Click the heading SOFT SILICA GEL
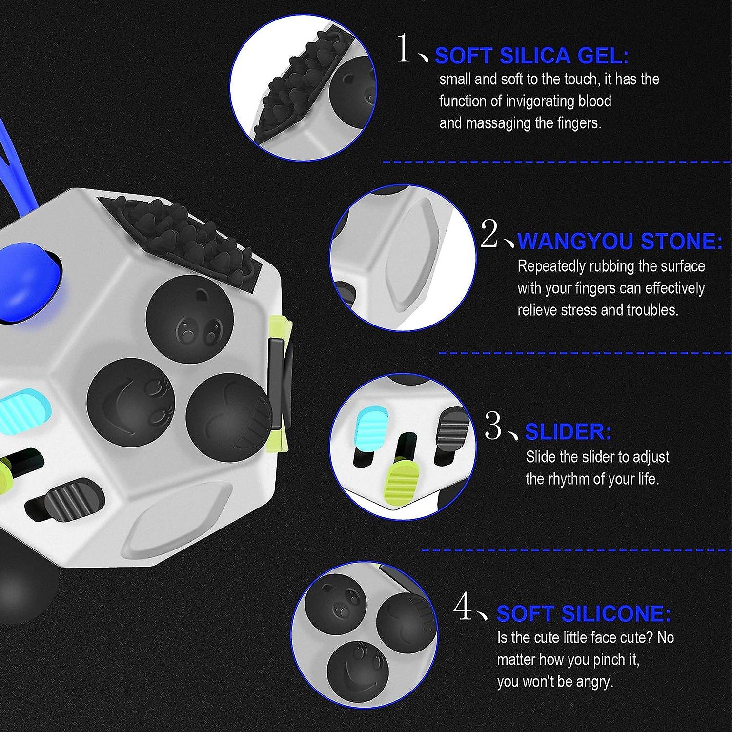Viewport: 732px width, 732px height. (531, 56)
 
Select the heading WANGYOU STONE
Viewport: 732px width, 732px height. (619, 241)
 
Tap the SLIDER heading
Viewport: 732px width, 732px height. (568, 431)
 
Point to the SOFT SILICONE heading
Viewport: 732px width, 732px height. (583, 613)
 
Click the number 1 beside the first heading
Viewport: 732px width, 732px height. (404, 49)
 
